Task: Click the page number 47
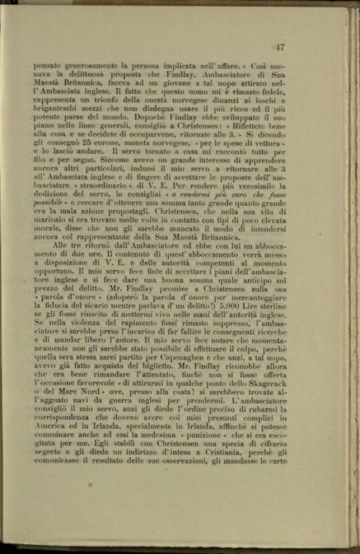[x=279, y=47]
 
